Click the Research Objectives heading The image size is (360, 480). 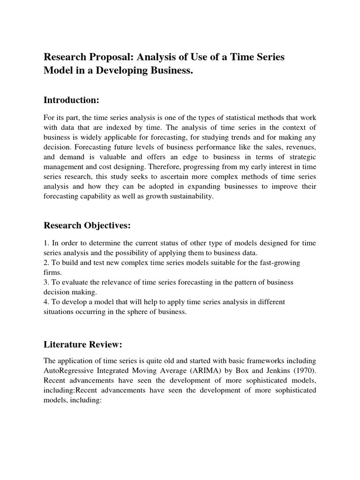click(x=87, y=225)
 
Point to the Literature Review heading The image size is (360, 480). click(x=82, y=345)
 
